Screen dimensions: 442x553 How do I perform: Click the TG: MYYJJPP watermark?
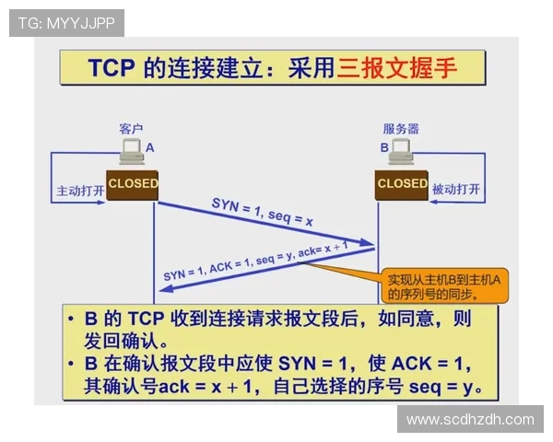(66, 22)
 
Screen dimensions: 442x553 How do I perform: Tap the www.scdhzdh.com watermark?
(470, 420)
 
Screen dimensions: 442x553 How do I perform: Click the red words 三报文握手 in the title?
(397, 67)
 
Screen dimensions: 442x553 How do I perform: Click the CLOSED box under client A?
(133, 183)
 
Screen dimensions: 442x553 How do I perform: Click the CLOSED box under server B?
(403, 183)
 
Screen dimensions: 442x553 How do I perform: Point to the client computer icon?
(131, 152)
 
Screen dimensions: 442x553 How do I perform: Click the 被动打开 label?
(456, 190)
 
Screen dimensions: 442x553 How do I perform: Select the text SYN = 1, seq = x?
(262, 213)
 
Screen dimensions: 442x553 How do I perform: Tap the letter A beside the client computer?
(150, 147)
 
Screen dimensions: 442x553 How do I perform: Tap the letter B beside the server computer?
(384, 147)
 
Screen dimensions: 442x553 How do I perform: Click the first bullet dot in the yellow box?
(72, 320)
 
